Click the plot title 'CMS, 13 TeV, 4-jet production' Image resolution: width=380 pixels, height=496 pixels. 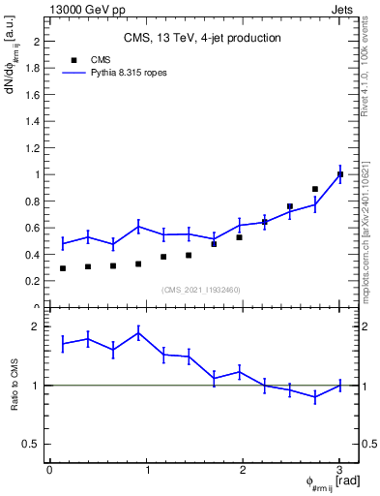(x=201, y=38)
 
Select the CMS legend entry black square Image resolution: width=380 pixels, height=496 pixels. (x=73, y=60)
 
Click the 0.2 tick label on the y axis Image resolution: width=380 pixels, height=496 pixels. (x=34, y=281)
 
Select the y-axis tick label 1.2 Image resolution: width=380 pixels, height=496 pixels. (x=34, y=148)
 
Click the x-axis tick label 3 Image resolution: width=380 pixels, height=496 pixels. (x=339, y=470)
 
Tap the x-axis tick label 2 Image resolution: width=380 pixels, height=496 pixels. (x=243, y=470)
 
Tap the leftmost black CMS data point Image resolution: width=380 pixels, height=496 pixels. (x=63, y=268)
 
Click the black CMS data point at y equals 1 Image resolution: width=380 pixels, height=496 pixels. (x=340, y=174)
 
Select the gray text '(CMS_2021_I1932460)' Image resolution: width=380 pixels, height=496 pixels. (x=201, y=290)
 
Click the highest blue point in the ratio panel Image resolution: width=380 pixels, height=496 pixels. (x=139, y=332)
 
